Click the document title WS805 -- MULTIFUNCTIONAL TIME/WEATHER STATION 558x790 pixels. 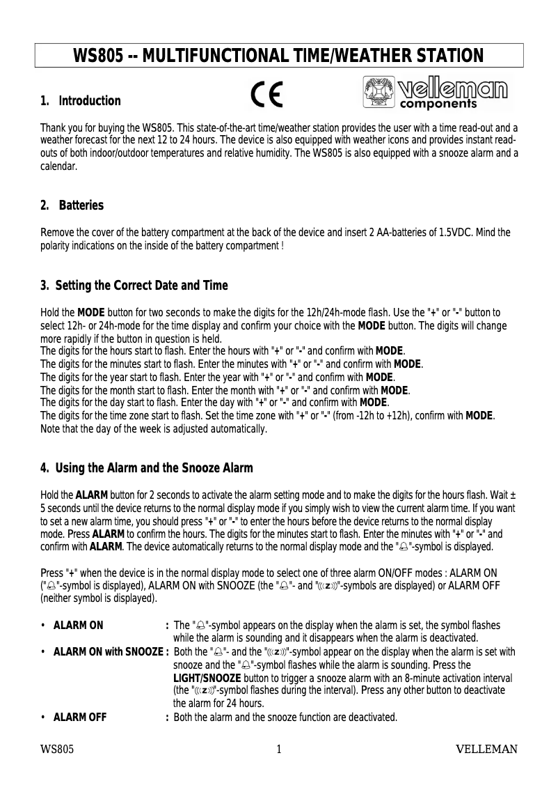[278, 56]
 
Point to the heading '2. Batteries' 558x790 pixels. [72, 206]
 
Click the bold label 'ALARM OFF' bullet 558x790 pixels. [80, 718]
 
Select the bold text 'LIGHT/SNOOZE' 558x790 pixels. [207, 678]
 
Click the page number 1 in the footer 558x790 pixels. [279, 750]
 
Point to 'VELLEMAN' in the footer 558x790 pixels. [486, 750]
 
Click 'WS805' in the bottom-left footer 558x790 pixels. [57, 750]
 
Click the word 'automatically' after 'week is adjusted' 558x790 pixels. [234, 429]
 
